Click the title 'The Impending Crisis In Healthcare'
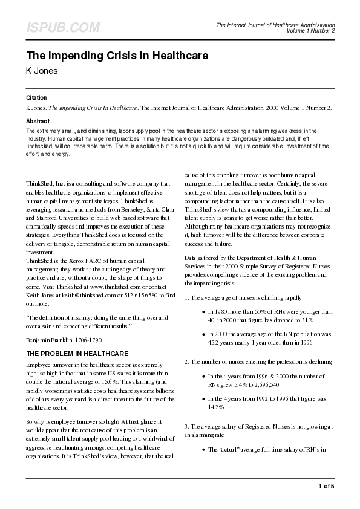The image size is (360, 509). (117, 56)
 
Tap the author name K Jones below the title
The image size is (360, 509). (42, 71)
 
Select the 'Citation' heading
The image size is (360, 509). (36, 97)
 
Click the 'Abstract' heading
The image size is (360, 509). (38, 121)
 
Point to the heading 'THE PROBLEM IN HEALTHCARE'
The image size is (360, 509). (77, 353)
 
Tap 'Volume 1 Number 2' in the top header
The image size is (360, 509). (310, 31)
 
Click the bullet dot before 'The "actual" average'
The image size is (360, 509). (201, 450)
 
